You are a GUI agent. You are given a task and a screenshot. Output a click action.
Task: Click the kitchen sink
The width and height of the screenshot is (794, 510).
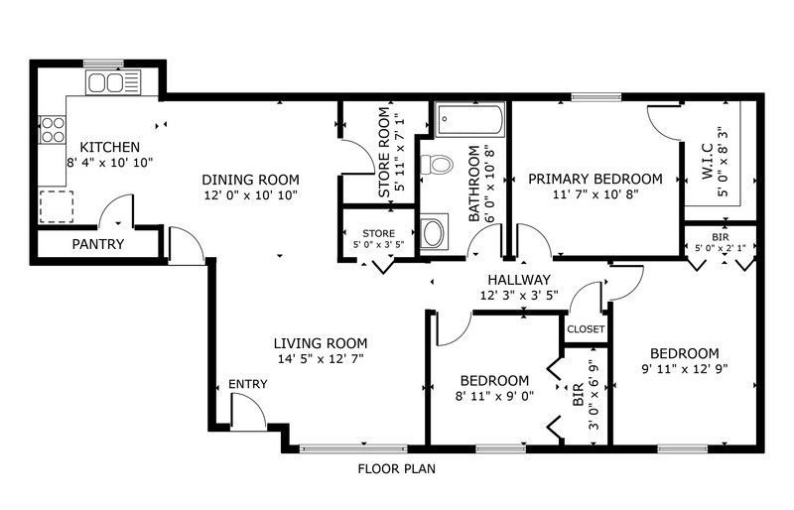pyautogui.click(x=113, y=82)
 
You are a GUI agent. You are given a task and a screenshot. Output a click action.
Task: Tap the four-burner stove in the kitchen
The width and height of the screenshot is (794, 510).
pyautogui.click(x=53, y=130)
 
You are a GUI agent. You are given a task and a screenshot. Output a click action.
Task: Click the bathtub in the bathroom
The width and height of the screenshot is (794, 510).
pyautogui.click(x=469, y=120)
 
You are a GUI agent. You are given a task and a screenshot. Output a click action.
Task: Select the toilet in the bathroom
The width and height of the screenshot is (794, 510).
pyautogui.click(x=436, y=164)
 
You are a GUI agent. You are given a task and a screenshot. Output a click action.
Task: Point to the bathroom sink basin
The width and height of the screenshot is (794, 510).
pyautogui.click(x=433, y=232)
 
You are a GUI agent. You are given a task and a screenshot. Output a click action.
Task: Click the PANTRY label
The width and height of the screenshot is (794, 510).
pyautogui.click(x=98, y=244)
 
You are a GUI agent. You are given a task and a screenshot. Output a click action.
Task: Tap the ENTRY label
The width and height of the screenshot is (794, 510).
pyautogui.click(x=247, y=384)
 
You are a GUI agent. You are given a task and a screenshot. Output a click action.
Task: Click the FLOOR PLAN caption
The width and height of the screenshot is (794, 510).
pyautogui.click(x=396, y=469)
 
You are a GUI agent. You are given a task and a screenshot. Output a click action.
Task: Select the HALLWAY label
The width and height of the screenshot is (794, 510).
pyautogui.click(x=519, y=280)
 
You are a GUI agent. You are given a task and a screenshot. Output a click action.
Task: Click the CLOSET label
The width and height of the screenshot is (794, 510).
pyautogui.click(x=586, y=329)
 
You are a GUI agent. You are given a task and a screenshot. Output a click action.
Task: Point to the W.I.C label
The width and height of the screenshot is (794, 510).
pyautogui.click(x=708, y=162)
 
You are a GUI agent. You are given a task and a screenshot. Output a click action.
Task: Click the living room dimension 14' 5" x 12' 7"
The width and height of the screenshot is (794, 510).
pyautogui.click(x=321, y=359)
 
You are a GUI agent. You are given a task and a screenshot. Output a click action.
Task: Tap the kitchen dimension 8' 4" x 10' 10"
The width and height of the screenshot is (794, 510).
pyautogui.click(x=110, y=163)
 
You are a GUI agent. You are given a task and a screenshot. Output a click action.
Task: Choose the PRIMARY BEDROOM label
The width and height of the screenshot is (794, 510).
pyautogui.click(x=595, y=179)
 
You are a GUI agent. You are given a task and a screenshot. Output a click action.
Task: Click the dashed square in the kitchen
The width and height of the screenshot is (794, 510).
pyautogui.click(x=57, y=206)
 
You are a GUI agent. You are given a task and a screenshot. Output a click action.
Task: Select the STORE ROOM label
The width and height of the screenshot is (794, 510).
pyautogui.click(x=385, y=152)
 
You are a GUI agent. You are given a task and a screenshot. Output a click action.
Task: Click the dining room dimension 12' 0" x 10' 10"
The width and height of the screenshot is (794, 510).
pyautogui.click(x=251, y=195)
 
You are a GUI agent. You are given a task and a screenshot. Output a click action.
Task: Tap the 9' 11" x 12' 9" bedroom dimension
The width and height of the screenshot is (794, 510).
pyautogui.click(x=685, y=369)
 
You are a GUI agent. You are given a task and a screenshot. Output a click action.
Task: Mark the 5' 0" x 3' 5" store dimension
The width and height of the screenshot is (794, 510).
pyautogui.click(x=379, y=244)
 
